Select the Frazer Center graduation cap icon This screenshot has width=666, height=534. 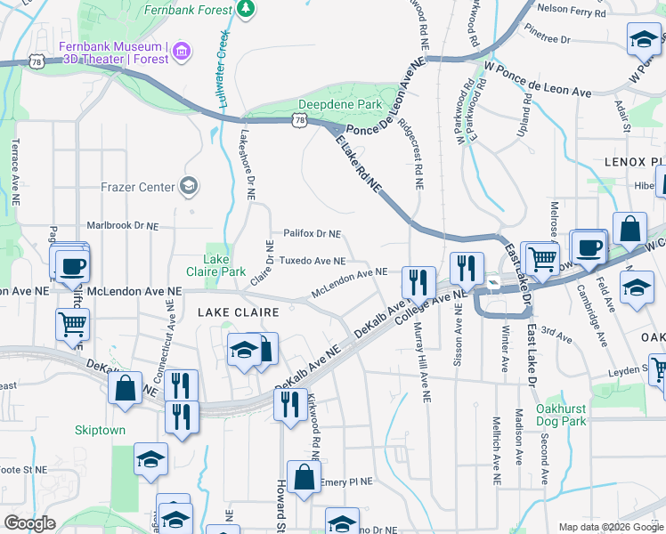click(189, 186)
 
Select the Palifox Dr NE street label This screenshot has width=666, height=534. click(312, 233)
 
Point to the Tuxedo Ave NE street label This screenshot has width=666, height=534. click(313, 261)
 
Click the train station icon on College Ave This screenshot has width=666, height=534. click(492, 283)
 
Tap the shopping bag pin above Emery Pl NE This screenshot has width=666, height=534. click(304, 476)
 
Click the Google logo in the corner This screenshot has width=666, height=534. click(29, 523)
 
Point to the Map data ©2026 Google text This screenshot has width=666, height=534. click(611, 527)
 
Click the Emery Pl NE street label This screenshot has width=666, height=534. click(349, 481)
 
